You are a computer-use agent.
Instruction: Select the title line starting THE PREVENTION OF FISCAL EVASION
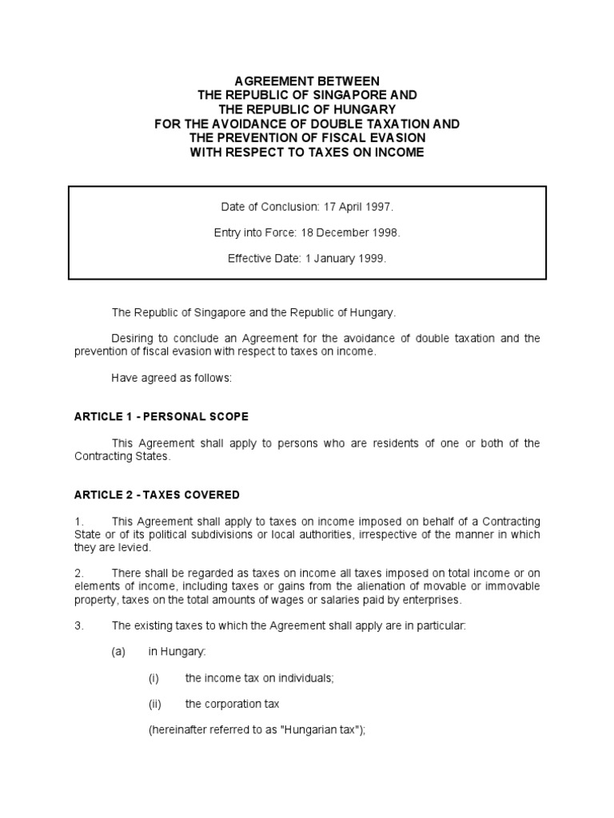(x=307, y=137)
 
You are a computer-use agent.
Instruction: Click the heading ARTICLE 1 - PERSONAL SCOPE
(x=161, y=417)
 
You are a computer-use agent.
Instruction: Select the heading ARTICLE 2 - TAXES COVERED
(x=157, y=495)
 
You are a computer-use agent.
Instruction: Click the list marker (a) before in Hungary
(x=118, y=652)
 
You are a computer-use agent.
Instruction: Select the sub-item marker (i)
(x=154, y=678)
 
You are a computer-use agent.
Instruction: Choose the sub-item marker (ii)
(x=155, y=705)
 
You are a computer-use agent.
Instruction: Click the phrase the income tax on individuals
(x=259, y=678)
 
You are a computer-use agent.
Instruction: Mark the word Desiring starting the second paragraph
(x=131, y=339)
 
